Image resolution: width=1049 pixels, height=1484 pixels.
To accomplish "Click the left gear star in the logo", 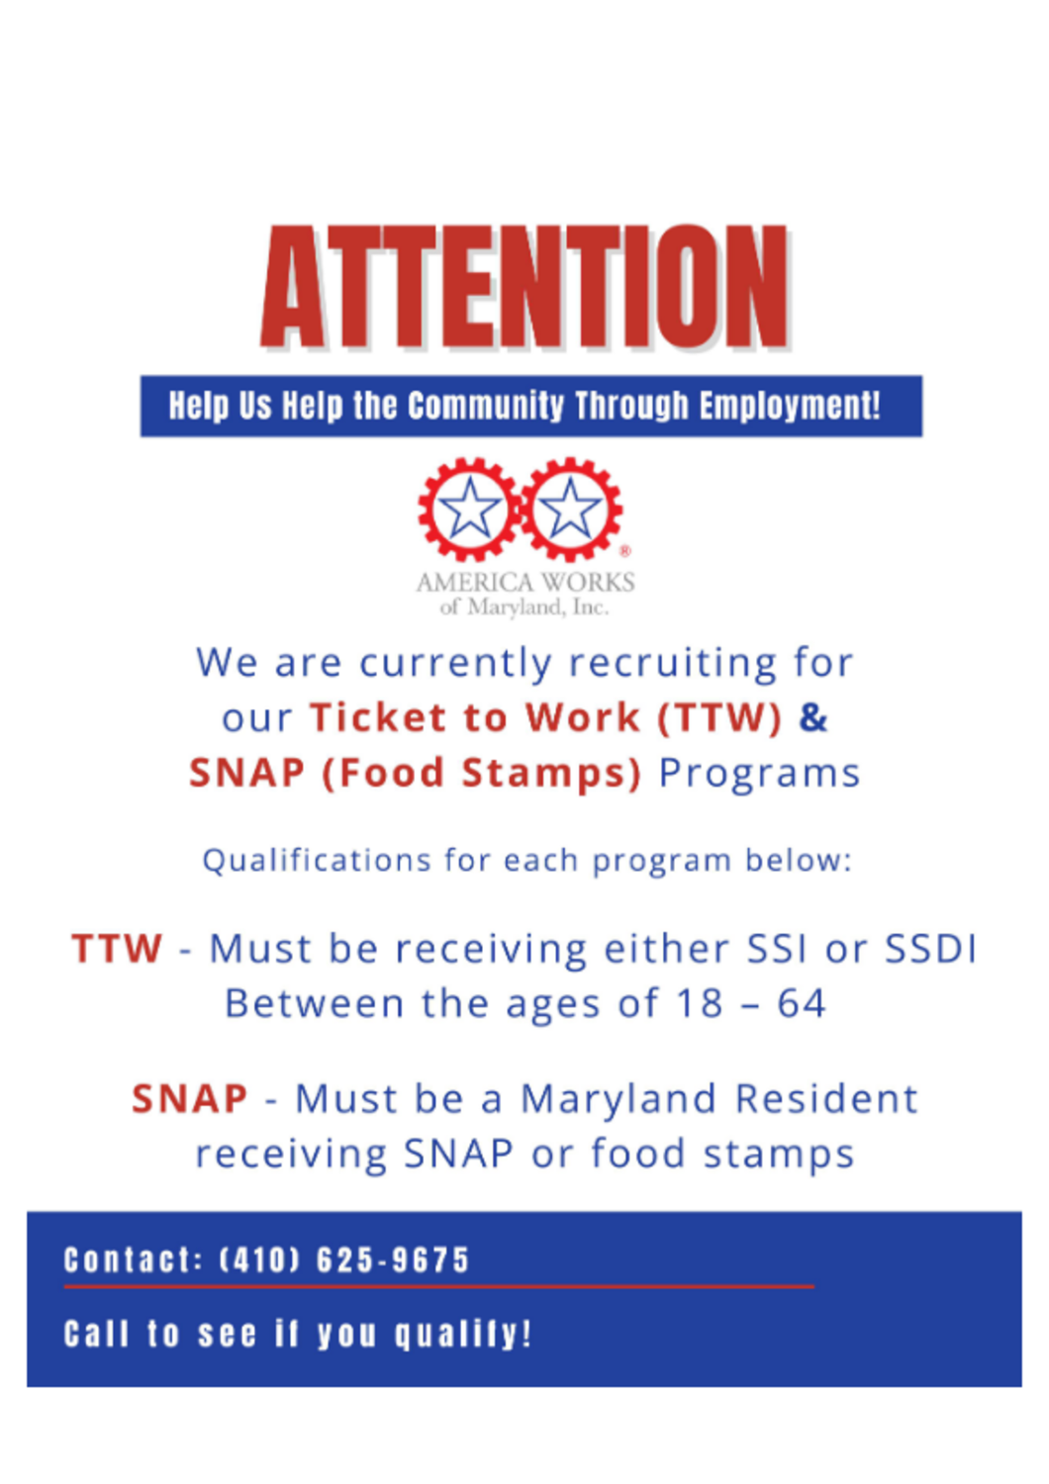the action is click(469, 509).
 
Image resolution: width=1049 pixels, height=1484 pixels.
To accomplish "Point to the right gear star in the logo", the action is click(570, 509).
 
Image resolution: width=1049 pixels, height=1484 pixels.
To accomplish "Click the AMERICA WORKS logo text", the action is click(524, 583).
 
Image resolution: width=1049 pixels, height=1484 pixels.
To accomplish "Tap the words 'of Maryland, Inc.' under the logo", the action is click(524, 606).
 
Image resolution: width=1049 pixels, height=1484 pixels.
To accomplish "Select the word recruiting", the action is click(672, 663).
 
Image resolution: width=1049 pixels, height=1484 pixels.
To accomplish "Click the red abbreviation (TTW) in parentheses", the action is click(719, 717).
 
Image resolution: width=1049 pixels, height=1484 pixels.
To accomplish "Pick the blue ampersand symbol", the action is click(813, 717).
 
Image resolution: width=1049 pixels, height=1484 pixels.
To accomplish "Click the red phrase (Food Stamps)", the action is click(481, 773).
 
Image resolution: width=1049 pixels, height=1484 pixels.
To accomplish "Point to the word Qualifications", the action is click(317, 861).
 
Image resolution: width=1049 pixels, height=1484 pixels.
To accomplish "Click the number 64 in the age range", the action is click(802, 1004).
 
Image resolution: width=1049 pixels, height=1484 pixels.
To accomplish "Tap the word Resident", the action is click(826, 1098).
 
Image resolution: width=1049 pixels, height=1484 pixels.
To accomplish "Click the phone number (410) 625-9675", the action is click(344, 1259).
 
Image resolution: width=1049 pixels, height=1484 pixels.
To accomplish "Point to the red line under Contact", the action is click(438, 1286).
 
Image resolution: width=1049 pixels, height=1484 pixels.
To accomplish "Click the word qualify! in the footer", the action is click(462, 1334).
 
